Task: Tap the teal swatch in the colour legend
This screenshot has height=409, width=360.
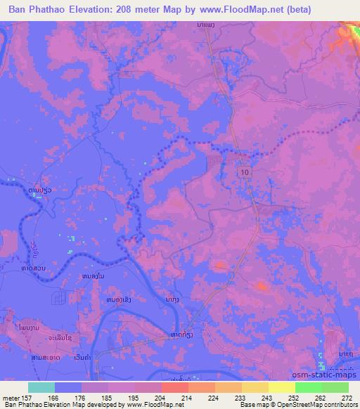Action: (x=41, y=387)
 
